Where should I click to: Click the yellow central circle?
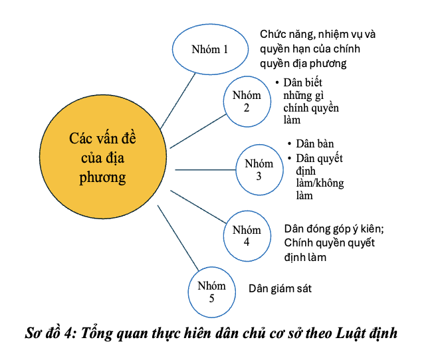103,156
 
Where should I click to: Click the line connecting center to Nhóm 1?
178,101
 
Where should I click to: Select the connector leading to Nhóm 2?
198,131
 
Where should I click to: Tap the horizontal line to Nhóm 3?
205,170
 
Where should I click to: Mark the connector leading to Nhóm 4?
198,207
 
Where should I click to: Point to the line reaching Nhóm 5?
178,238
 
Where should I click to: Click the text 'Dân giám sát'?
280,289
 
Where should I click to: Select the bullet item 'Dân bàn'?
315,144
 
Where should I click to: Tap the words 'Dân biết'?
302,82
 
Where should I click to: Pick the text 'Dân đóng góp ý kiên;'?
334,229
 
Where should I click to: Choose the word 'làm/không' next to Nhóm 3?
320,183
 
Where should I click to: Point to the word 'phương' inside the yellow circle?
102,177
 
